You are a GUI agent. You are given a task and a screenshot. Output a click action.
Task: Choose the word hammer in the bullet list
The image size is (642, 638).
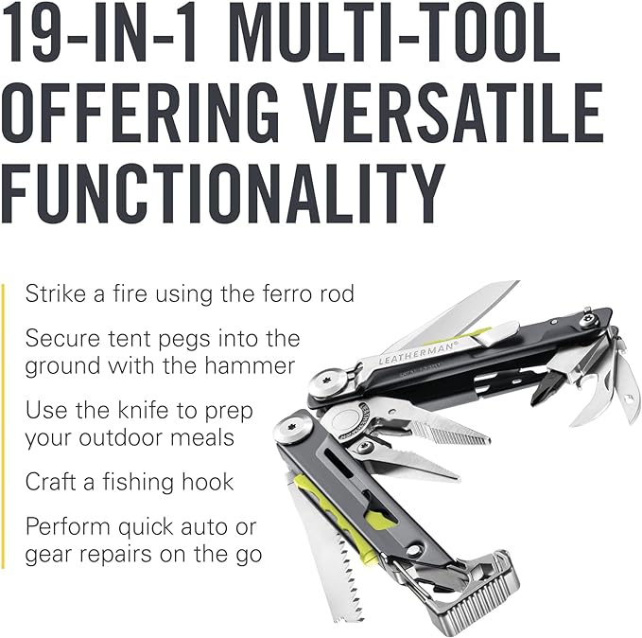pos(250,365)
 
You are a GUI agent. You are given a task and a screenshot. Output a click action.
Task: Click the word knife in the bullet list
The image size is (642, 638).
pos(144,411)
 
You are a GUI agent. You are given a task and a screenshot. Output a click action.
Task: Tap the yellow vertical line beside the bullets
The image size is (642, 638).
pos(3,426)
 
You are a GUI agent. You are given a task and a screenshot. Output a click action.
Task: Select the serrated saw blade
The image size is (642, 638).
pos(327,554)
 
